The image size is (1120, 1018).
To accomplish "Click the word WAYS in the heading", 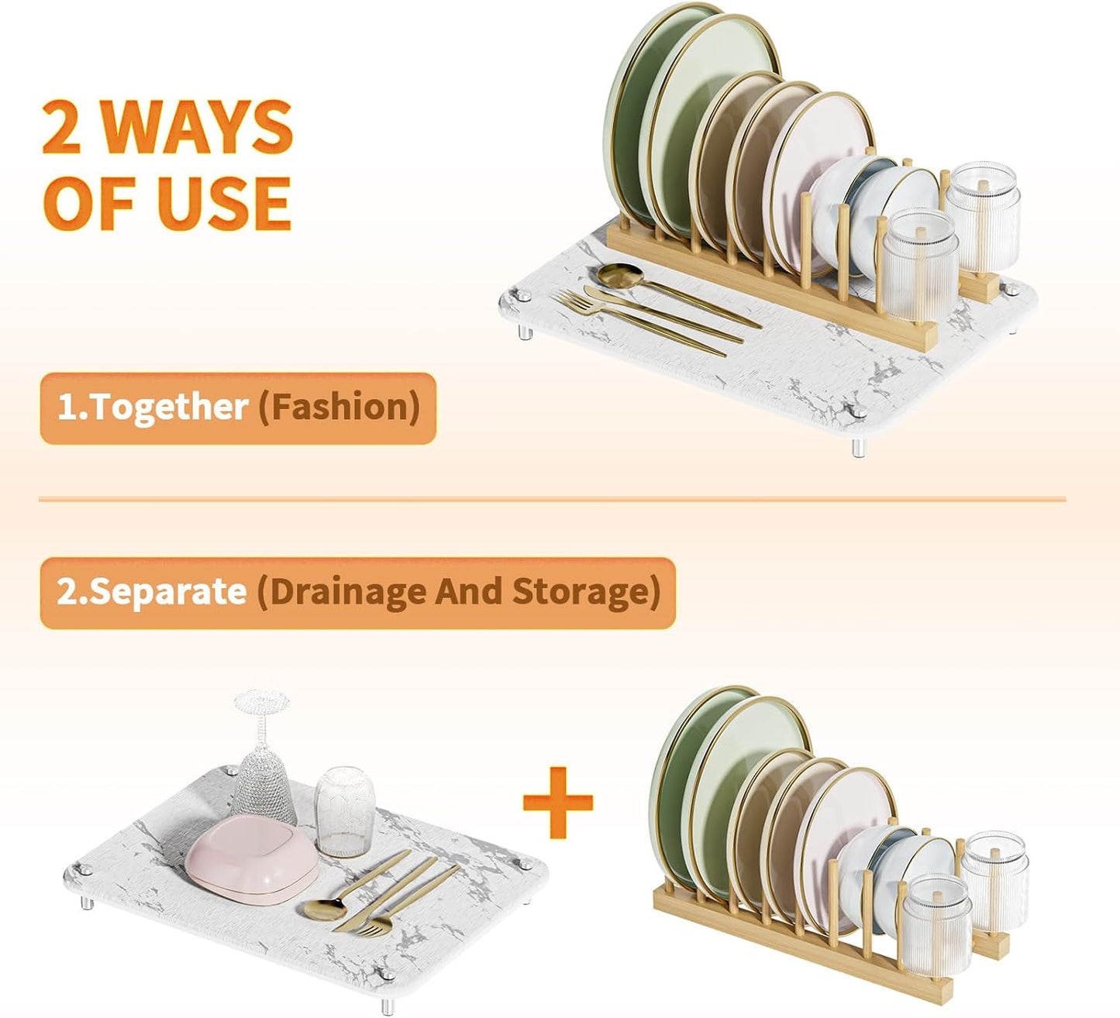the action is pos(198,127).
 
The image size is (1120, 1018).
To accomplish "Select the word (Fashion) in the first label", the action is pos(339,407).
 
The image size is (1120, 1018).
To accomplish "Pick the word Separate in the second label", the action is pos(167,593).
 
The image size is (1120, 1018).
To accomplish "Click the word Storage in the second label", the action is pos(587,592).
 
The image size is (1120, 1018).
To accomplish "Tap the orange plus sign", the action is pos(558,803).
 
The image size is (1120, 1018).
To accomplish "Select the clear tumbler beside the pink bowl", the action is pos(344,811).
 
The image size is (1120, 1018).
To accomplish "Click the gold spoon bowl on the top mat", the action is pos(620,276).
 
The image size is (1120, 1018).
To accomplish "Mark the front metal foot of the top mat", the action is pos(859,447).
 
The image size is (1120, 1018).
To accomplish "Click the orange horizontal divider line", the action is pos(552,499).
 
